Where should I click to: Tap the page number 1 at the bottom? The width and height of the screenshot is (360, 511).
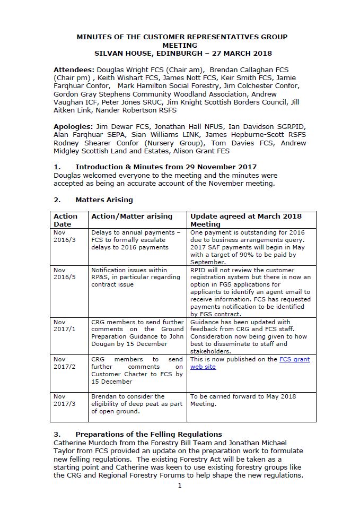pyautogui.click(x=180, y=486)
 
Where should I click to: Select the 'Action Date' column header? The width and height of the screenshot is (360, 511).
pyautogui.click(x=65, y=220)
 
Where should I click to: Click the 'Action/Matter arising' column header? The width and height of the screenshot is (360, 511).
pyautogui.click(x=131, y=216)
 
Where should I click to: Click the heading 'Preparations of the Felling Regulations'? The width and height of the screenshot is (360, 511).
pyautogui.click(x=148, y=435)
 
